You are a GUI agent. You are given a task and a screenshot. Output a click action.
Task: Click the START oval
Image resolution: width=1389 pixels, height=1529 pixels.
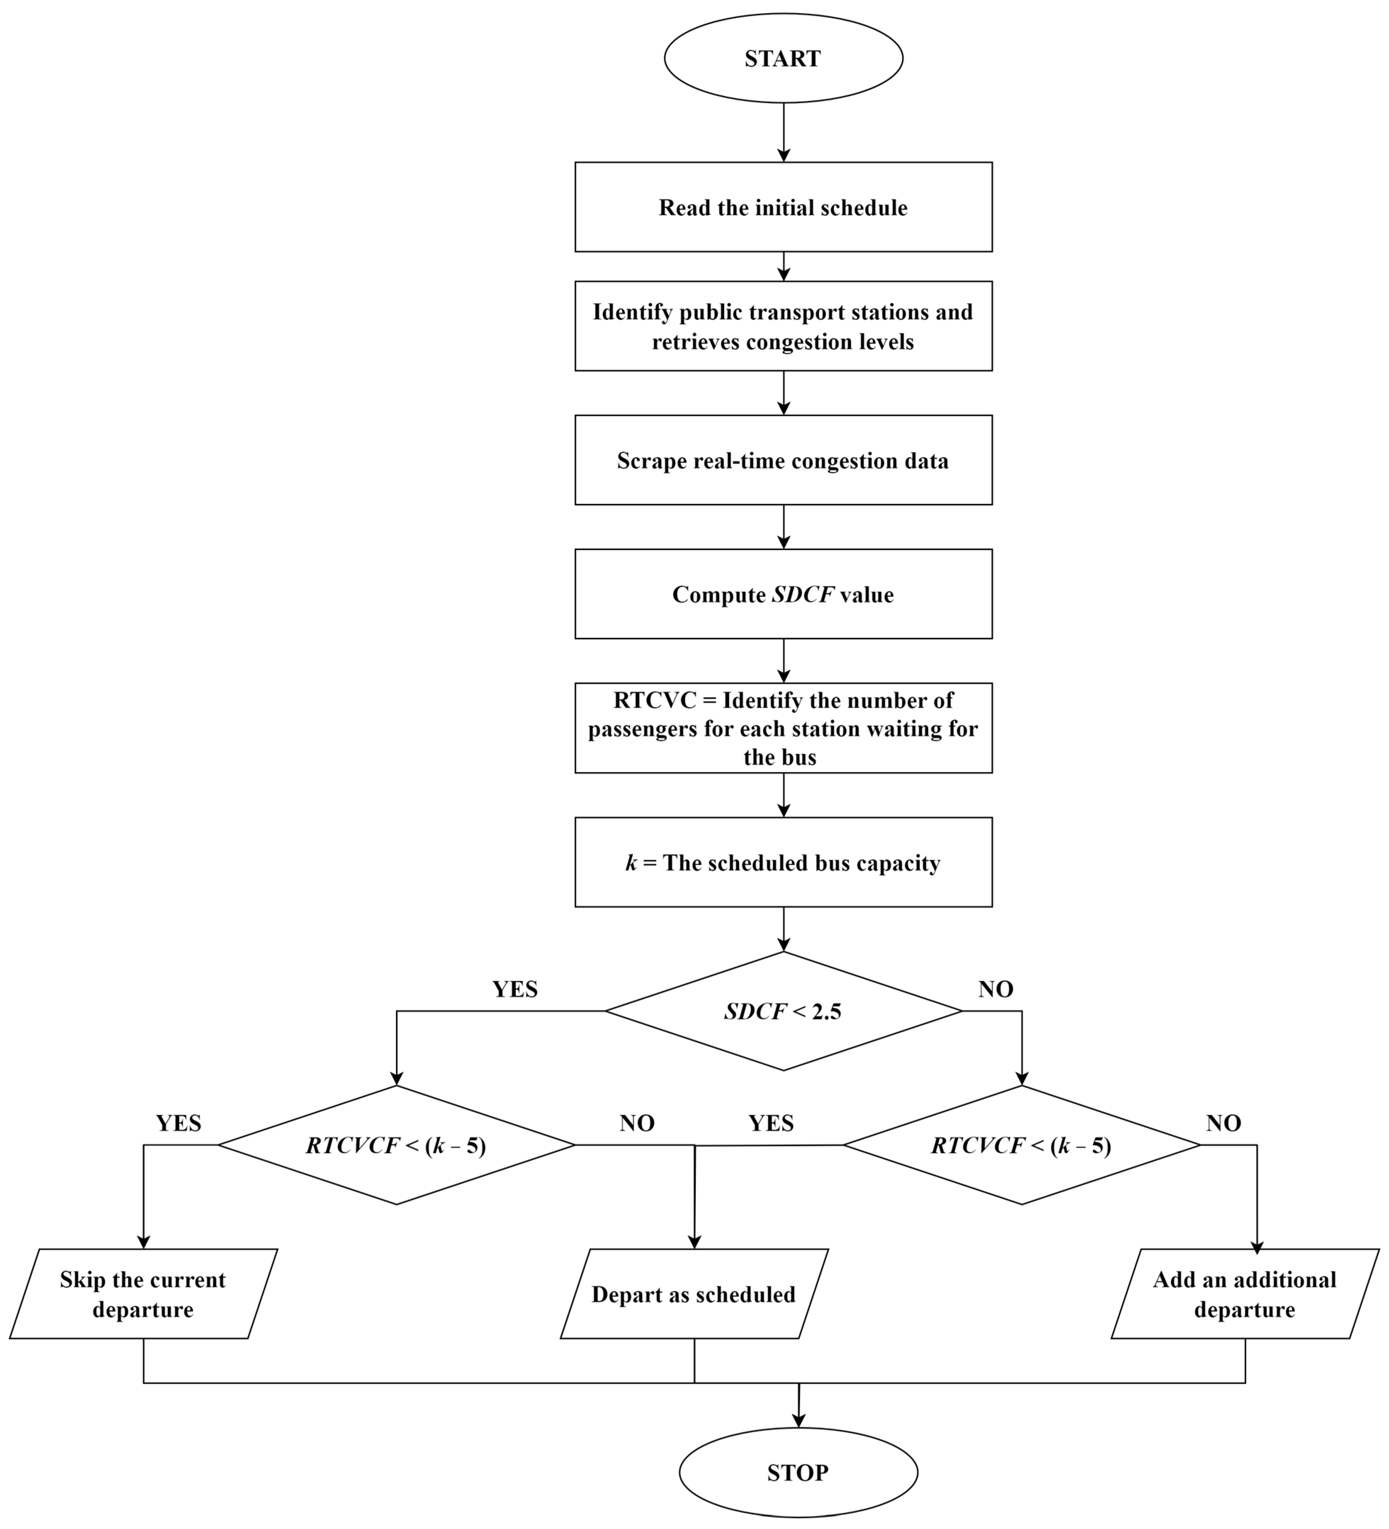tap(783, 58)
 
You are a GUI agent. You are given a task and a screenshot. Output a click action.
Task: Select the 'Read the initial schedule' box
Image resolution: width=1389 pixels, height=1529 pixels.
tap(783, 207)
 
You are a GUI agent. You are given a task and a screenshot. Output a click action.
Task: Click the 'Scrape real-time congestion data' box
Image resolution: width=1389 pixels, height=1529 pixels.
tap(783, 460)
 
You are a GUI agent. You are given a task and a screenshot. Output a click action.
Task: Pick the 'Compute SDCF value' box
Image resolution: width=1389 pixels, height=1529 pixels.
tap(783, 594)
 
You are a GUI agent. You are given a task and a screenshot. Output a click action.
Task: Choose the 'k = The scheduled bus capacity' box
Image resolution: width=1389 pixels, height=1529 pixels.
tap(783, 862)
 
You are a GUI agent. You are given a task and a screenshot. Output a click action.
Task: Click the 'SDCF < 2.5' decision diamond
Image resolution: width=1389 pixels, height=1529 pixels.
tap(783, 1011)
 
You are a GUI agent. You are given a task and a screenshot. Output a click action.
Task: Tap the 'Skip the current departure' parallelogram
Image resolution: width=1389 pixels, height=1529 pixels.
tap(143, 1294)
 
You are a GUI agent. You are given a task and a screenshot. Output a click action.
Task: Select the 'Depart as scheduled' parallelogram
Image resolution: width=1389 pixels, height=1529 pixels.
tap(693, 1294)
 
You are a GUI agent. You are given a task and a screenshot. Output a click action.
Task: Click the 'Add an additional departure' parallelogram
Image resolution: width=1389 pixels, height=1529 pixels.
tap(1244, 1294)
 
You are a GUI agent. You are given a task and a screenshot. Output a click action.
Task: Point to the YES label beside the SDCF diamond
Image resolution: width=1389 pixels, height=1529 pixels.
tap(515, 989)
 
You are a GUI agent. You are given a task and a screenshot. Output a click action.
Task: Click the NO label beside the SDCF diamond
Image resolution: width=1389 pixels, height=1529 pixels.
tap(995, 989)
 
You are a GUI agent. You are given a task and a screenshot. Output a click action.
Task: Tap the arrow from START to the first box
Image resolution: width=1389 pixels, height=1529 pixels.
tap(784, 133)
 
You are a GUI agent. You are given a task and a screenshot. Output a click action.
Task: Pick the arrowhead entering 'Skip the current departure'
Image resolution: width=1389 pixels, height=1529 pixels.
tap(143, 1241)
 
